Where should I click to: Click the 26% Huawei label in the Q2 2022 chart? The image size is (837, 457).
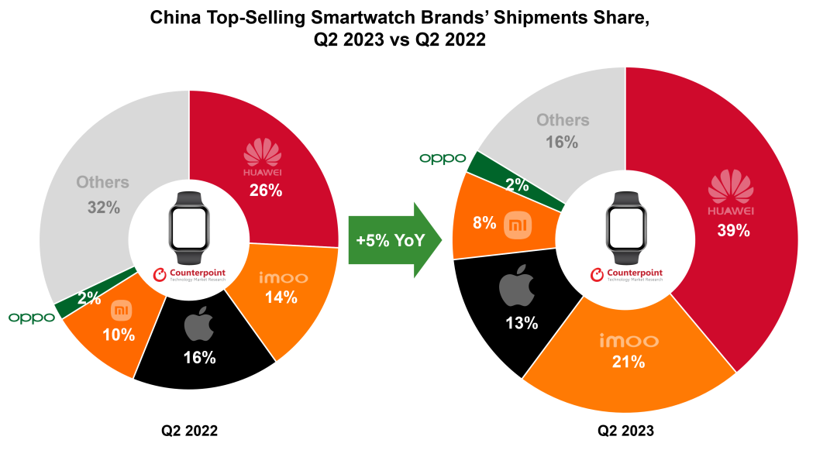tap(265, 190)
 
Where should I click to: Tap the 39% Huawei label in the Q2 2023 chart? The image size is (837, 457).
tap(732, 230)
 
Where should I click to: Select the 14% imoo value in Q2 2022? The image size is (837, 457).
tap(280, 297)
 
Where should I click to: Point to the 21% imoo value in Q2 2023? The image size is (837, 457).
tap(629, 361)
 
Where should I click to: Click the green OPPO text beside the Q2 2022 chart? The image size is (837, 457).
tap(32, 318)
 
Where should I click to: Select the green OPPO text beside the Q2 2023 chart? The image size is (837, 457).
tap(443, 158)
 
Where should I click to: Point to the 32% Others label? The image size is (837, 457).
tap(103, 207)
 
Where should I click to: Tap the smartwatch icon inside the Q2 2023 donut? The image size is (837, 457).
tap(625, 228)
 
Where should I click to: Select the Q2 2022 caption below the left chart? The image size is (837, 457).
tap(190, 430)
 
